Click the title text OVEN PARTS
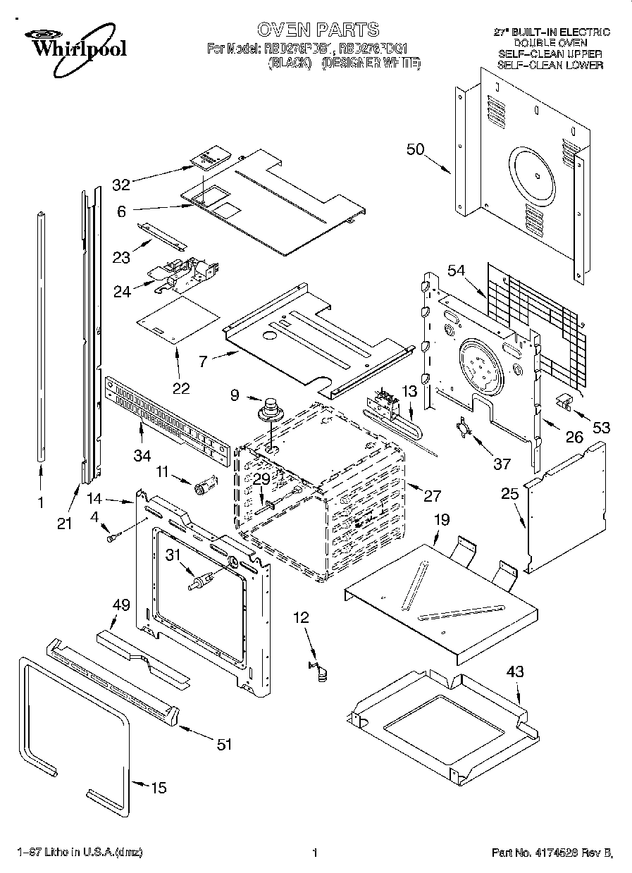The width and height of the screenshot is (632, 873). click(318, 30)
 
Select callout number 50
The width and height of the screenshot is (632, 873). click(416, 149)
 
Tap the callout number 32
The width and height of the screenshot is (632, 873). click(121, 185)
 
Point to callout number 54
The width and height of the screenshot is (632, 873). click(457, 271)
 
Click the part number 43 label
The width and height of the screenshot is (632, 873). click(515, 671)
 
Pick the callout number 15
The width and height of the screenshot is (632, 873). click(159, 788)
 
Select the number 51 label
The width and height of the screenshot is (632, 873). click(224, 744)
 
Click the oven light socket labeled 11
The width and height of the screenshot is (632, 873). click(204, 485)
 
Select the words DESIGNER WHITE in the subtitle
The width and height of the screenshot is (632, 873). click(371, 63)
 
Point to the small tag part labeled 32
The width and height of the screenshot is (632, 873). click(207, 159)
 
